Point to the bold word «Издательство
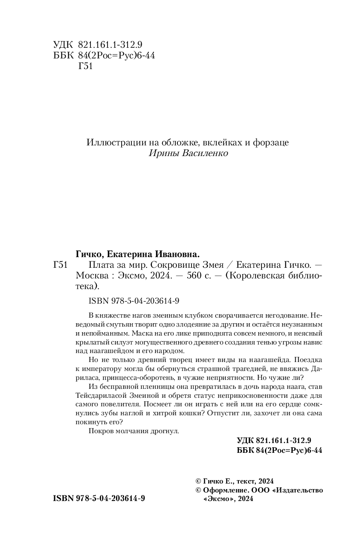click(297, 490)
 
